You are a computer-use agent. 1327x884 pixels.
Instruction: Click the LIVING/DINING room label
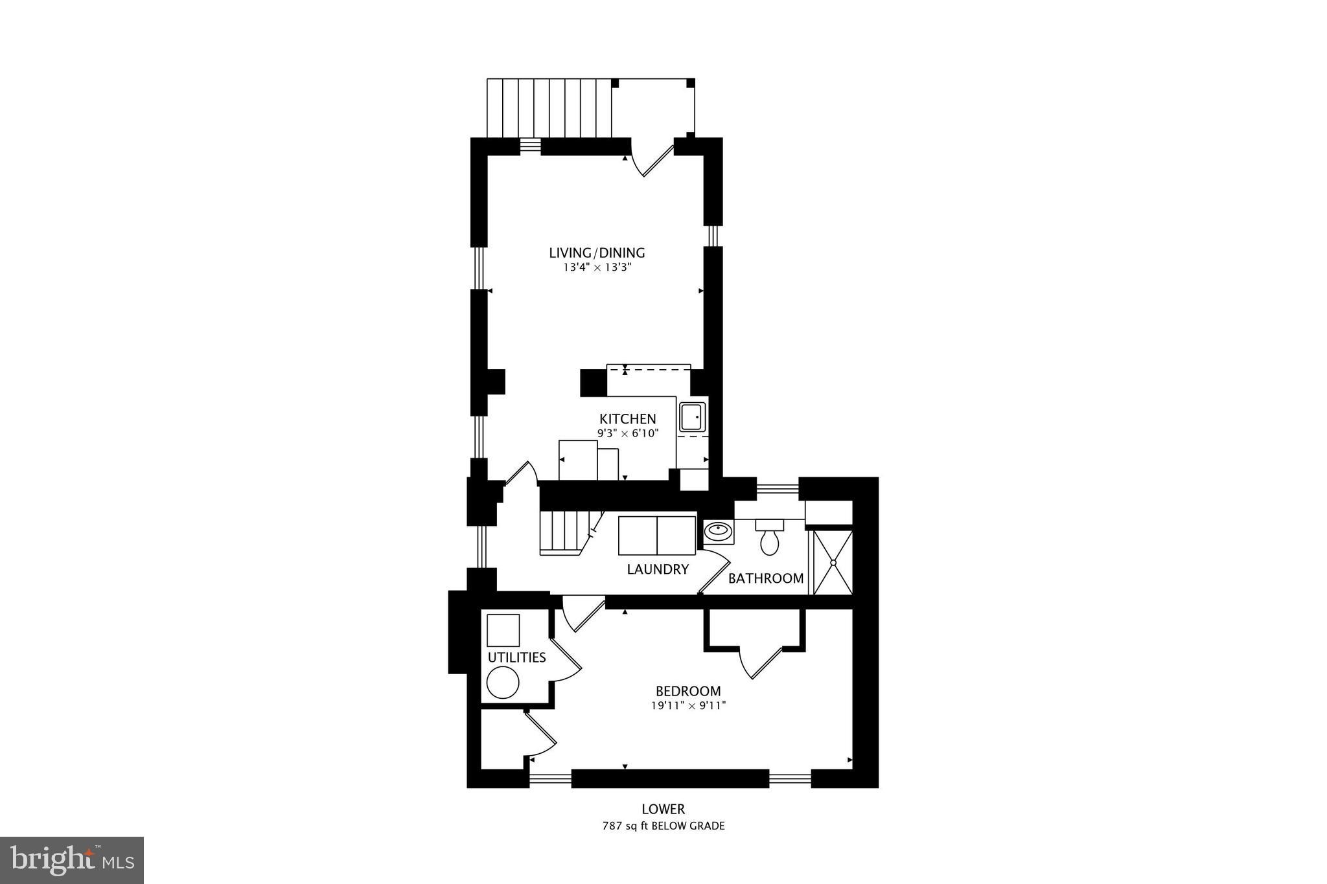point(597,253)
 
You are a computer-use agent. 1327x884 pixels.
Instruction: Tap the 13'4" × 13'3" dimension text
point(597,267)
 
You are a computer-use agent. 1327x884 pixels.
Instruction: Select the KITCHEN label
point(627,419)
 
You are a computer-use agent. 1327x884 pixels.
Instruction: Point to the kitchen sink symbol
point(692,416)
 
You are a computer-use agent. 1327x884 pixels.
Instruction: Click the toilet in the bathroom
point(769,539)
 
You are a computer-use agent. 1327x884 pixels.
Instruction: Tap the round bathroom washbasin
point(718,532)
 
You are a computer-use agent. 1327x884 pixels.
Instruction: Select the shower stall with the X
point(833,562)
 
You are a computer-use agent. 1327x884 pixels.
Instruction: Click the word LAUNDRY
point(657,569)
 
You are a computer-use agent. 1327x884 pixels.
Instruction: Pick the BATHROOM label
point(765,578)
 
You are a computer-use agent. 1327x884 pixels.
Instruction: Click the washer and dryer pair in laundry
point(656,536)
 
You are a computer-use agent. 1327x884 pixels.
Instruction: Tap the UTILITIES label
point(516,657)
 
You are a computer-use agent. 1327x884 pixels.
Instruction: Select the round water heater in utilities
point(503,683)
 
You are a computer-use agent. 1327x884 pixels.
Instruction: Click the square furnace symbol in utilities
point(503,630)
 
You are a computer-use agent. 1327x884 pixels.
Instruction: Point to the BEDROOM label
point(687,691)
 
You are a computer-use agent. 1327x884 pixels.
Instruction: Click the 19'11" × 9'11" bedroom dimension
point(688,706)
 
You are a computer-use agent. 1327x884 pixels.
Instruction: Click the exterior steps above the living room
point(549,108)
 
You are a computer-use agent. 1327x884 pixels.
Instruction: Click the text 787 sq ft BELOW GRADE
point(663,826)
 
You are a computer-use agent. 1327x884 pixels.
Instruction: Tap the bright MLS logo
point(72,860)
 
